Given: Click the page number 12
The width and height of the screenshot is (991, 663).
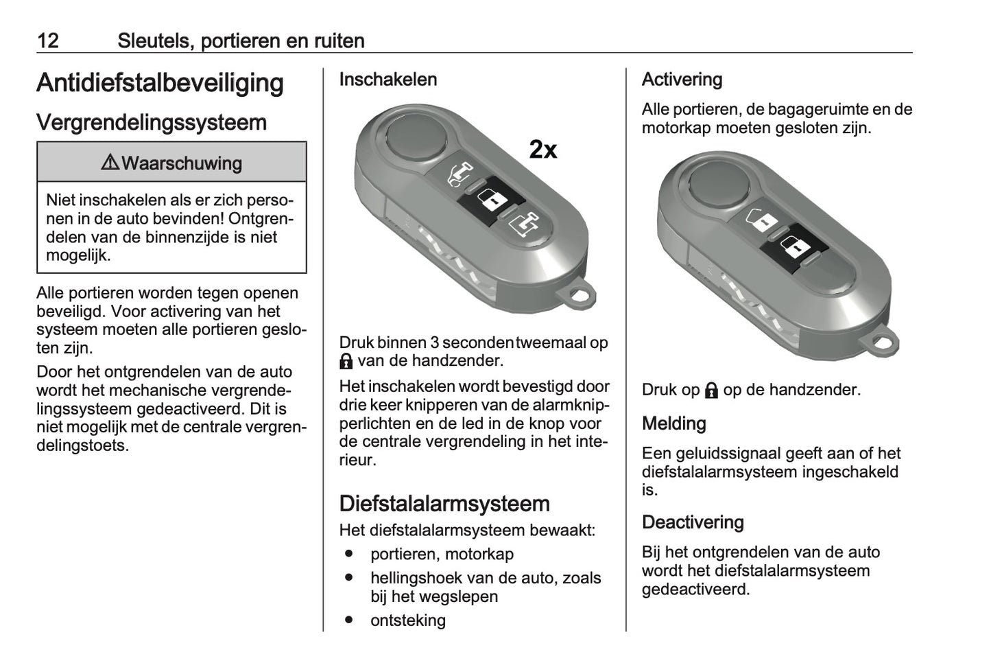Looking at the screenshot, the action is [48, 40].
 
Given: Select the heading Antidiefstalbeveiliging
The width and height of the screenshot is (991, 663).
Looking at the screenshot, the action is [160, 83].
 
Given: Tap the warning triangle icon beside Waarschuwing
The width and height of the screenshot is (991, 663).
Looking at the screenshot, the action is [110, 163].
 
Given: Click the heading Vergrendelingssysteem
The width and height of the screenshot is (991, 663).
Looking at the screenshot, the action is [152, 122].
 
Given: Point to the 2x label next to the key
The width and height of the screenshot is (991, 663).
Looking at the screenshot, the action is [543, 149].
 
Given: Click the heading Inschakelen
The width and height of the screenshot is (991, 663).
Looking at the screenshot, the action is [388, 80].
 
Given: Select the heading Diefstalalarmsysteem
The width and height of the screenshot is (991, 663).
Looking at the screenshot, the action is [444, 504].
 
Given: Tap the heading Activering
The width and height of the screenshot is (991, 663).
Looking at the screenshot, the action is [682, 80].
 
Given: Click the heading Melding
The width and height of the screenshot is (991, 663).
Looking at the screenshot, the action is [673, 423].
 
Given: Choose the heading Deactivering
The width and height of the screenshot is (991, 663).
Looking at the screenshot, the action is [693, 522].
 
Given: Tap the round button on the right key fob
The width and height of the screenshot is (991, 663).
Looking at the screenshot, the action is [719, 183].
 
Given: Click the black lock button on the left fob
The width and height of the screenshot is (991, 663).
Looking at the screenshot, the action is [491, 200].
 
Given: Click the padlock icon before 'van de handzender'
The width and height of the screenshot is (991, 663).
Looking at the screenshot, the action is [346, 362].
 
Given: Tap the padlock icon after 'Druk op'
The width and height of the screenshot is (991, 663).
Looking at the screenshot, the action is [711, 391].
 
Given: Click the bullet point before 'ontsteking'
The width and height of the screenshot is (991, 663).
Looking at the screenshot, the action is [349, 619].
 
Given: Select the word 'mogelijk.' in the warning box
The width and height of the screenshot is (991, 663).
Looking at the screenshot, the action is [78, 255].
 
